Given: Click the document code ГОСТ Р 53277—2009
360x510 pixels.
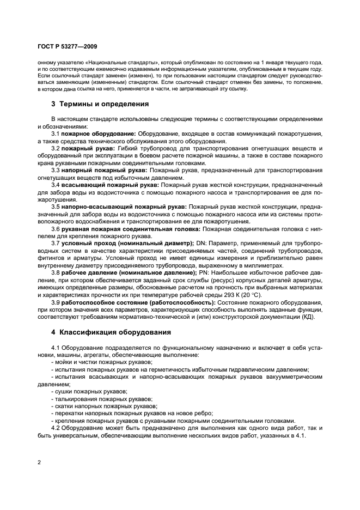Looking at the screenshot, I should (68, 47).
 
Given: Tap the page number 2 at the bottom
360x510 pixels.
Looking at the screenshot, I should (39, 463).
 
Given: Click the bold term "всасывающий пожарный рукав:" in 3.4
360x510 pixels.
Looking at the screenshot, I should (109, 185).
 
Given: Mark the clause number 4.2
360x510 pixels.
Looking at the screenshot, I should (56, 428).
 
